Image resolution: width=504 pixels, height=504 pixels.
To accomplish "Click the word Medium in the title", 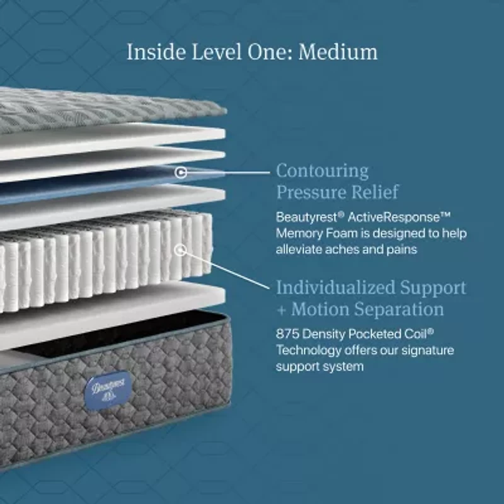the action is pos(338,52).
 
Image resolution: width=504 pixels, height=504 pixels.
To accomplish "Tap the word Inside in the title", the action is pos(156,52).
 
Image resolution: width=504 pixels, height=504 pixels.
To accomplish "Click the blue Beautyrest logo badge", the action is pos(108,390).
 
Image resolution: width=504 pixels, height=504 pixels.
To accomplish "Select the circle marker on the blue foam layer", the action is pos(181,172).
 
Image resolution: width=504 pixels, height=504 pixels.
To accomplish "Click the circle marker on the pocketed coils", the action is pos(181,249).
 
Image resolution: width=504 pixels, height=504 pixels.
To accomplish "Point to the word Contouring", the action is pos(323,171).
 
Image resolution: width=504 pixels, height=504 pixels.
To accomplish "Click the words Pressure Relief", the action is pos(338,192).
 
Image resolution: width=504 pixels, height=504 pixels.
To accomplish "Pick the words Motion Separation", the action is pos(367,309).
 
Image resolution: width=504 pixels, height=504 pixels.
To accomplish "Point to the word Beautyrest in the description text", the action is pos(306,217).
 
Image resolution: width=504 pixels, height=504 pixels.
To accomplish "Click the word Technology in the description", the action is pos(309,351).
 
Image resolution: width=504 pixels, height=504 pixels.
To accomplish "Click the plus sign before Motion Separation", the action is pos(281,311).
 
